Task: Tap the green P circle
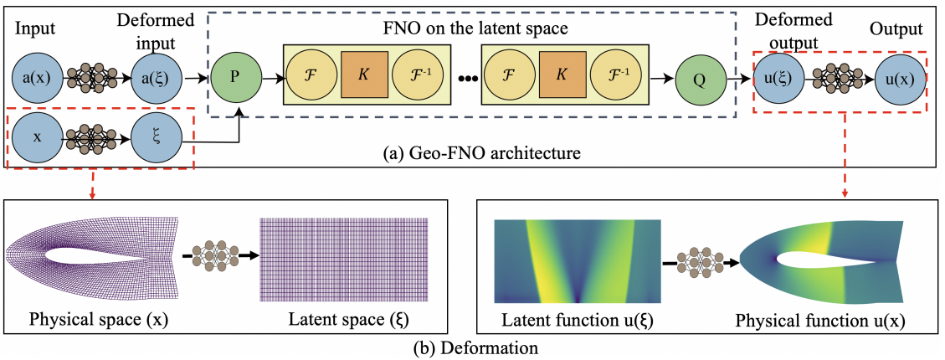point(237,80)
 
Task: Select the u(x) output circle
point(898,79)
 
